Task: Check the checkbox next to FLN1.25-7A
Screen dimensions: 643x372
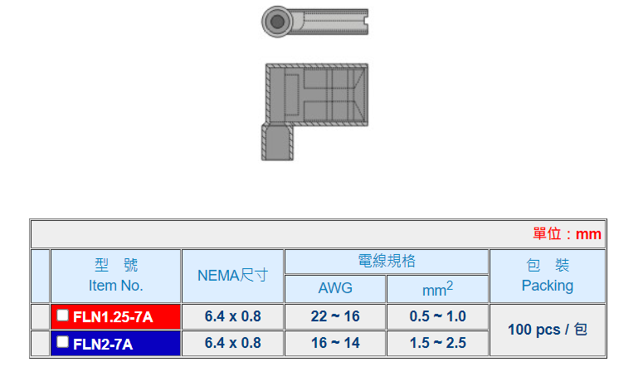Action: pos(62,315)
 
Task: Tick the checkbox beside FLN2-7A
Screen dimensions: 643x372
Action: pos(62,341)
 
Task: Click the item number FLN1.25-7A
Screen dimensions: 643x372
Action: pos(113,317)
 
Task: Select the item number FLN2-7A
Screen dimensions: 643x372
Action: pos(103,344)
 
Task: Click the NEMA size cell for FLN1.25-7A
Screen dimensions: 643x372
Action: pos(232,316)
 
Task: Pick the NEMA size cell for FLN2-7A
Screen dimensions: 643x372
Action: pos(232,343)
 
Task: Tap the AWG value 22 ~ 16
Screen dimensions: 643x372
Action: pos(335,316)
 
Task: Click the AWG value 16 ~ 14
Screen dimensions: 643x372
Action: pos(335,343)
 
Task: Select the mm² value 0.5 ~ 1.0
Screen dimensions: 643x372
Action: pos(437,316)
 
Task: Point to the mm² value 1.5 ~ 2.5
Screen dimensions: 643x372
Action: pos(437,343)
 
